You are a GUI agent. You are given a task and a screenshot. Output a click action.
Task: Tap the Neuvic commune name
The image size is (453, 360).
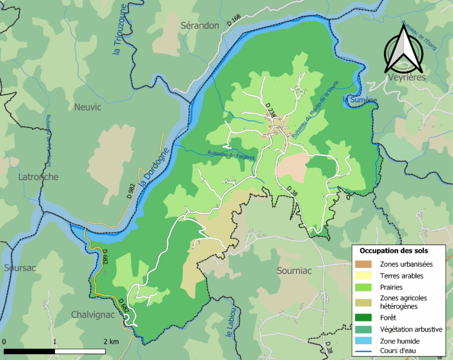coord(88,107)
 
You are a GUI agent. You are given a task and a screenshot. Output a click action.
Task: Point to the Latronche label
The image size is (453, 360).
coord(21,176)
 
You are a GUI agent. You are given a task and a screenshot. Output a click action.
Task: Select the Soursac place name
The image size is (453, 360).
coord(19,267)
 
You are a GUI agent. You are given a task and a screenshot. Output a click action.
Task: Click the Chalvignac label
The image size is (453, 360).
coord(93,315)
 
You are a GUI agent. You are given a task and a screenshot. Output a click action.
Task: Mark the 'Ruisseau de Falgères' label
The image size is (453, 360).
coord(231,156)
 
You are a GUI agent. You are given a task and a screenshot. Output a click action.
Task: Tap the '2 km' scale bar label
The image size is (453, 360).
coord(111,342)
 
